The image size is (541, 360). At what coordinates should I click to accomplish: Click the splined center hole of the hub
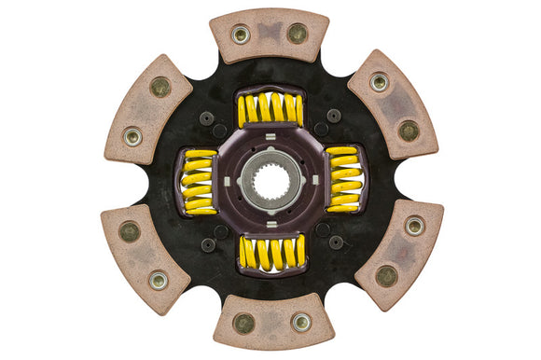pos(270,180)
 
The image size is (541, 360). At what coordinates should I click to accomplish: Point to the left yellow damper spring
pos(199,179)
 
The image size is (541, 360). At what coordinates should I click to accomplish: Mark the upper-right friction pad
pos(393,104)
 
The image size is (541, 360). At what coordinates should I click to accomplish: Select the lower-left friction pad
pos(145,256)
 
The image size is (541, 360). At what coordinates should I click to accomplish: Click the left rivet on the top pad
pos(241,35)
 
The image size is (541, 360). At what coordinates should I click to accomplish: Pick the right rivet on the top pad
pos(298,34)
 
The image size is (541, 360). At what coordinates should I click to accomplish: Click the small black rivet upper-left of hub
pos(207,118)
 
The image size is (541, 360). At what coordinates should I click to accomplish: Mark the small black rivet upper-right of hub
pos(333,117)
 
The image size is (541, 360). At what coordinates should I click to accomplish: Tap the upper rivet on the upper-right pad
pos(379,83)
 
